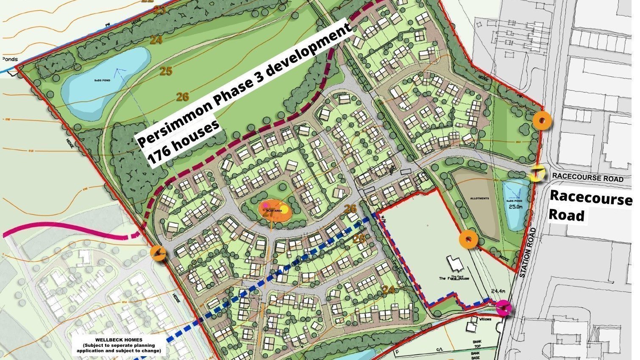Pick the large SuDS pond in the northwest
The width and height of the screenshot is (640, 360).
tap(104, 82)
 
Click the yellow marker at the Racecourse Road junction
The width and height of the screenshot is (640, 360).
tap(537, 174)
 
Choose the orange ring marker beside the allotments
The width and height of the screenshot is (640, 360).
tap(469, 240)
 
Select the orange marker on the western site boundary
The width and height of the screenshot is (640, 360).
tap(158, 253)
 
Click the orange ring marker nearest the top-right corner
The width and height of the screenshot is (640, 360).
tap(542, 121)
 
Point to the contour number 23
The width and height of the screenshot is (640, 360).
tap(159, 10)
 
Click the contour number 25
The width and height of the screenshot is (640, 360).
tap(166, 71)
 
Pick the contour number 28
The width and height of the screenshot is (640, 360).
tap(359, 239)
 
